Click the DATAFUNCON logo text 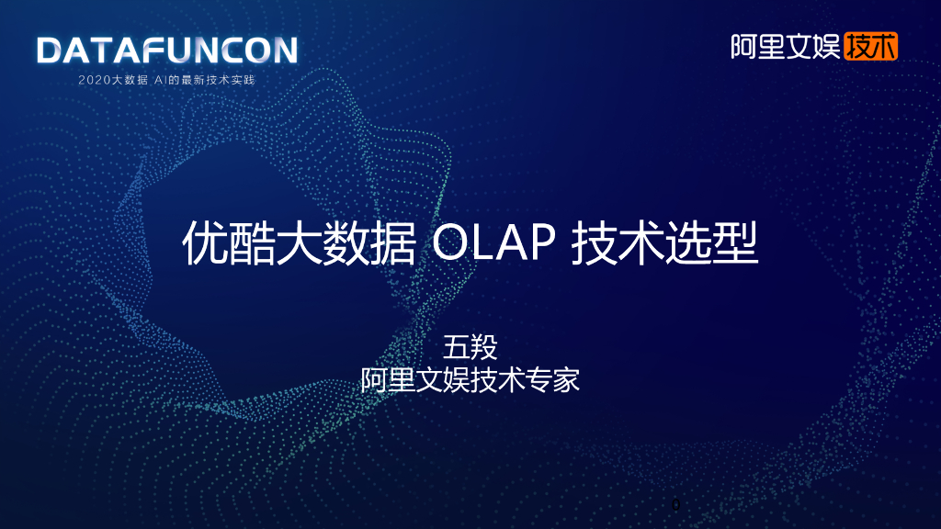click(166, 51)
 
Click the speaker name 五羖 click(470, 348)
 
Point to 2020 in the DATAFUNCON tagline click(95, 80)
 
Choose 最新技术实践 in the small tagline click(219, 80)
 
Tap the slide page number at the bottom click(676, 504)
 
